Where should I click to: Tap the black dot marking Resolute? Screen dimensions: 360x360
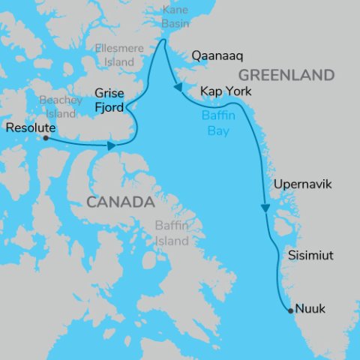coord(46,138)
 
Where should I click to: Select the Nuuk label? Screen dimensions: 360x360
coord(310,309)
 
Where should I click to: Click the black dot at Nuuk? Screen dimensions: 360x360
coord(291,310)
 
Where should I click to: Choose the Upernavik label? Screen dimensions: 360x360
coord(302,184)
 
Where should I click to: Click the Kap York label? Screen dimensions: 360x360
coord(226,91)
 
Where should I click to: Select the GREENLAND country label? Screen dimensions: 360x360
coord(285,75)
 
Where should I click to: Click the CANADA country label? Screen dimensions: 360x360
coord(120,202)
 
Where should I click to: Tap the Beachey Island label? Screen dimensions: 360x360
coord(57,106)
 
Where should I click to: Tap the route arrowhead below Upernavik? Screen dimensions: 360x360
coord(265,208)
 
